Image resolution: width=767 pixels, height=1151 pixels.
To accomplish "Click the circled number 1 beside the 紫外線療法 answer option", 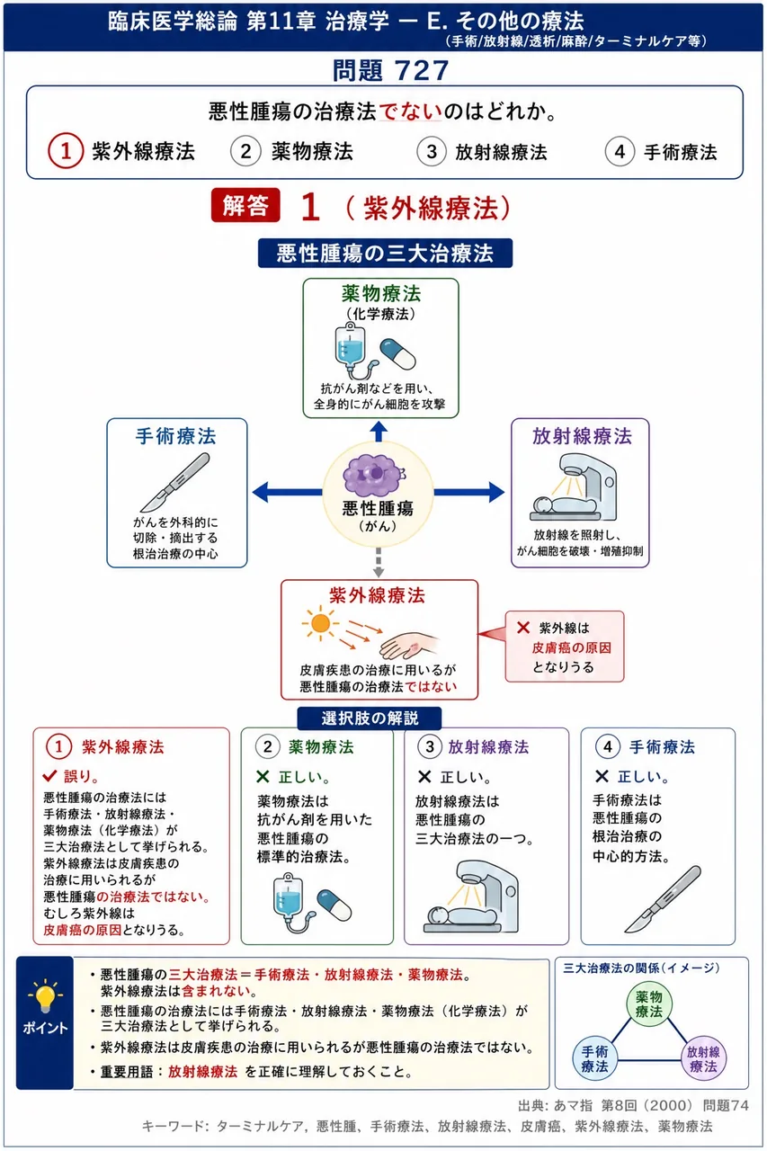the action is click(66, 151).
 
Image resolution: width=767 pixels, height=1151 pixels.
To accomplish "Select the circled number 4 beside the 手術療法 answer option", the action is click(620, 152).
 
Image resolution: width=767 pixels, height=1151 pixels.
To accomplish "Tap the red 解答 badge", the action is click(245, 205).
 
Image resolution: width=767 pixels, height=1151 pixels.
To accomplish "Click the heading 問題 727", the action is click(390, 70).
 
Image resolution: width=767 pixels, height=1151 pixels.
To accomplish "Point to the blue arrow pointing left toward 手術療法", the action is click(287, 492).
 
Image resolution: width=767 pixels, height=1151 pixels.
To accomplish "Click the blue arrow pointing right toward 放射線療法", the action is click(469, 492).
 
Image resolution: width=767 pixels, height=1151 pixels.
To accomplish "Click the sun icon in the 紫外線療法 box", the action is click(320, 623).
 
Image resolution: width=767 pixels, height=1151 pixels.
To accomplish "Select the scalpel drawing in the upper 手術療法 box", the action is click(175, 482).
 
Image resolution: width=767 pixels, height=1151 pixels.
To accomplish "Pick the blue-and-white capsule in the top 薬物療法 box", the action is click(397, 354).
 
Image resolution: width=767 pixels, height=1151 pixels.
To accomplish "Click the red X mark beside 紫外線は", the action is click(523, 628).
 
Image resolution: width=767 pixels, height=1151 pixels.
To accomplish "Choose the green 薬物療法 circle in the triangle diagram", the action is click(649, 1004).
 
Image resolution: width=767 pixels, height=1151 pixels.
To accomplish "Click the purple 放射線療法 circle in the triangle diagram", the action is click(703, 1058).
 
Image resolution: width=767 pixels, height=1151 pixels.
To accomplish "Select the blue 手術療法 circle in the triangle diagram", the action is click(595, 1058).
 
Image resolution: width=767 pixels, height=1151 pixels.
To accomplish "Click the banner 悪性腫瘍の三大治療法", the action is click(385, 253).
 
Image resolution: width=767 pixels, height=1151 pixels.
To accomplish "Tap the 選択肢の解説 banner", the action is click(370, 718).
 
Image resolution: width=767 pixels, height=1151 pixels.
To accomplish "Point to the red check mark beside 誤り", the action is click(49, 775).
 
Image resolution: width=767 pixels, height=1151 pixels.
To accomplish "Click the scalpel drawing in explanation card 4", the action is click(663, 898).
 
